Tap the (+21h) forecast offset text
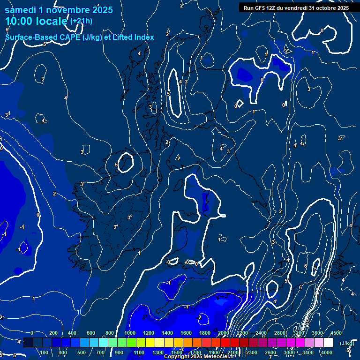click(x=81, y=21)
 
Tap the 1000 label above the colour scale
click(x=130, y=333)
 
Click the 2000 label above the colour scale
click(x=224, y=333)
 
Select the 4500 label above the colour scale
click(x=336, y=333)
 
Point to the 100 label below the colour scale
click(x=45, y=352)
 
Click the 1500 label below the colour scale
click(x=177, y=352)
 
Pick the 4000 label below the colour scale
click(x=327, y=352)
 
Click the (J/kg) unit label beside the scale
click(x=347, y=344)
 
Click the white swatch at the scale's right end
click(x=328, y=343)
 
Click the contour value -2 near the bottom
click(x=199, y=317)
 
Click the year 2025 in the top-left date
click(x=103, y=10)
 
